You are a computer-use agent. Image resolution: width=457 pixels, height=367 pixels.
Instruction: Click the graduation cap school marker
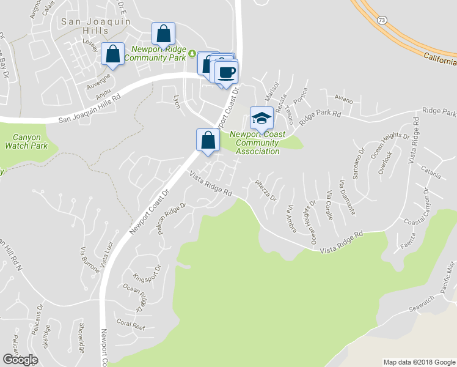point(261,117)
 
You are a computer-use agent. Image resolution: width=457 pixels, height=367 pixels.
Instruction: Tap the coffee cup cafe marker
point(227,72)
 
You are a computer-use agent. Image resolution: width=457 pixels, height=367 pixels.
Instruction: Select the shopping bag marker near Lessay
point(113,53)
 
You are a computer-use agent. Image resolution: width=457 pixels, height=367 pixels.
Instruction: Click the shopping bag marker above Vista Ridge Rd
point(208,139)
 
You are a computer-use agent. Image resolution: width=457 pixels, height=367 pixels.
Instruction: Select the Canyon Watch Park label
point(26,141)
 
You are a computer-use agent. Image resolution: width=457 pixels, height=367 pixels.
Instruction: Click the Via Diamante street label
point(348,197)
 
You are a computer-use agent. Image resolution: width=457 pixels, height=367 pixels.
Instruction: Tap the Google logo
point(21,360)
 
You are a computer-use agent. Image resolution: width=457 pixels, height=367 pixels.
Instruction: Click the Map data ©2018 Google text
point(419,361)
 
